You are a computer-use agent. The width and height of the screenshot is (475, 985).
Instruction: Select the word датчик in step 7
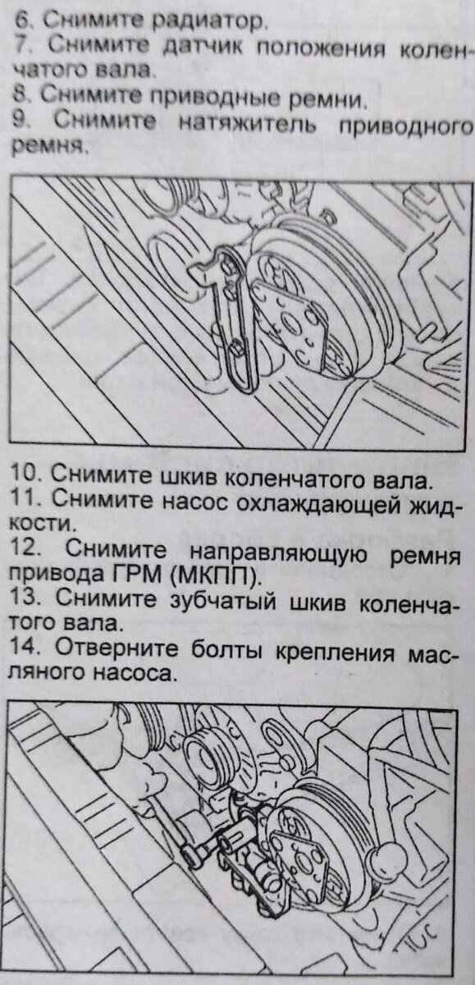(x=203, y=47)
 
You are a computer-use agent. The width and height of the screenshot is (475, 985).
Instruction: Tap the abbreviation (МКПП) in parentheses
(x=215, y=576)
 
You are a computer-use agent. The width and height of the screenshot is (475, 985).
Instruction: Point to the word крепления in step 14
(x=335, y=653)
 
